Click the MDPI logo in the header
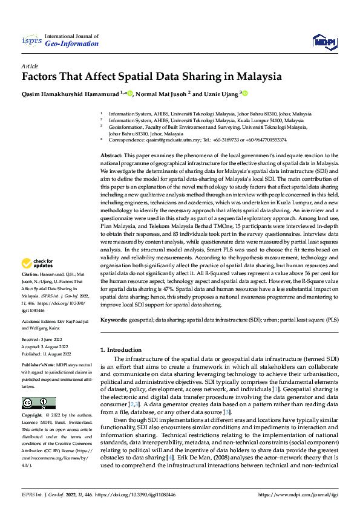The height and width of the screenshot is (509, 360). (324, 41)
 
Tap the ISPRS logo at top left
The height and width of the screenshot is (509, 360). (31, 41)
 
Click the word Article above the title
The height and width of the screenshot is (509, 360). (30, 65)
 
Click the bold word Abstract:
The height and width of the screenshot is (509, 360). (112, 156)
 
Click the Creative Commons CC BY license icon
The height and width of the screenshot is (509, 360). (39, 403)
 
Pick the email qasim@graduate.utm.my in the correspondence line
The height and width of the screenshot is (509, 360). (171, 140)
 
